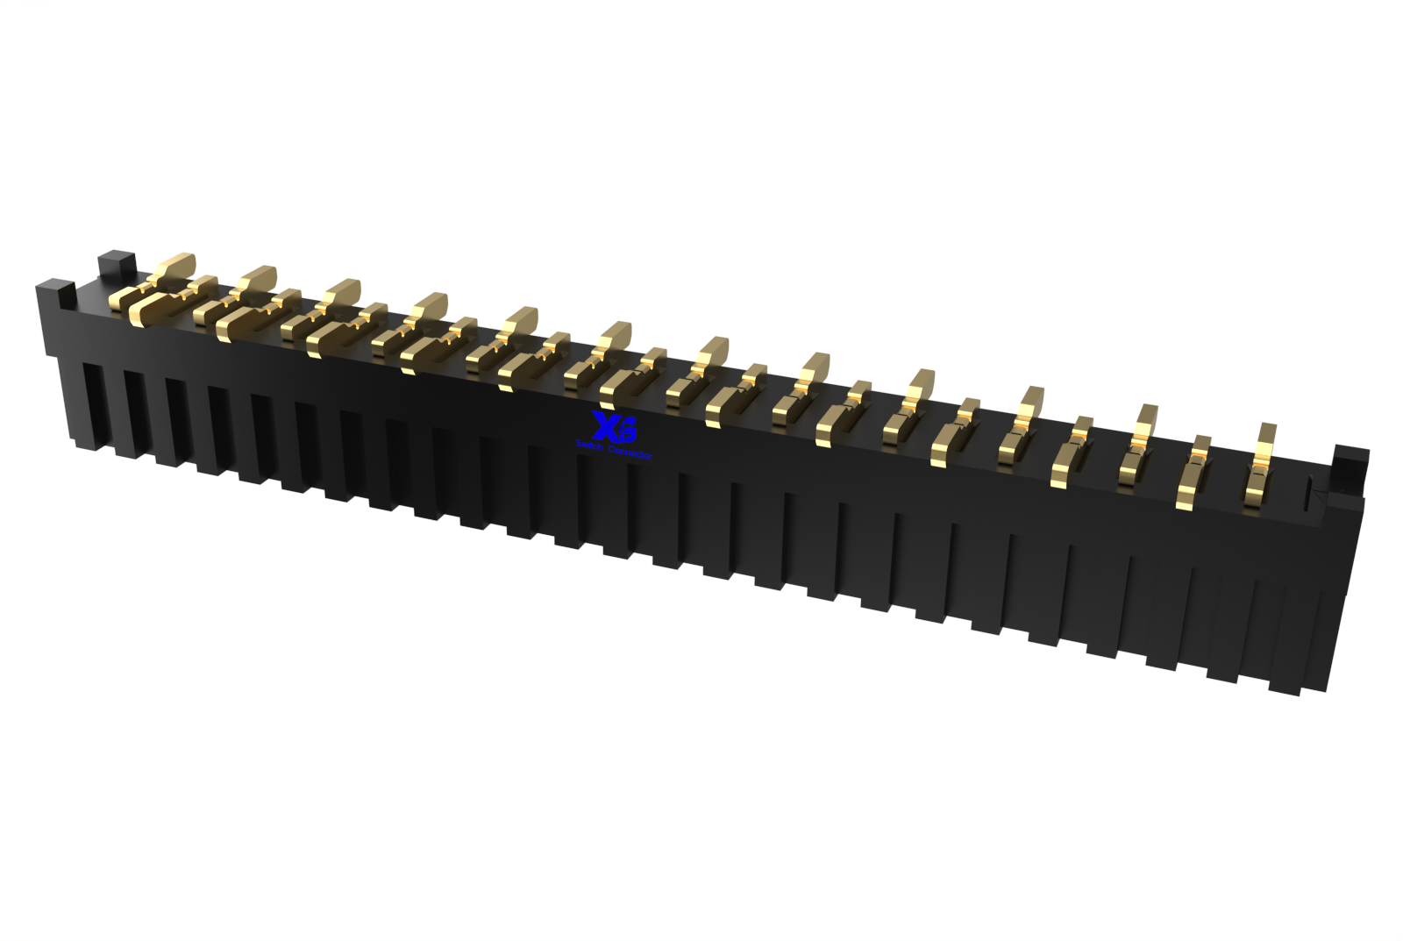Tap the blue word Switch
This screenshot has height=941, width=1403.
pos(590,446)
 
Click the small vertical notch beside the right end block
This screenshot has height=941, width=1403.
pos(1313,495)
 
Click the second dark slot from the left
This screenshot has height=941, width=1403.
pos(133,416)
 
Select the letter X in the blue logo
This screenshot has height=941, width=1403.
pos(605,426)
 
